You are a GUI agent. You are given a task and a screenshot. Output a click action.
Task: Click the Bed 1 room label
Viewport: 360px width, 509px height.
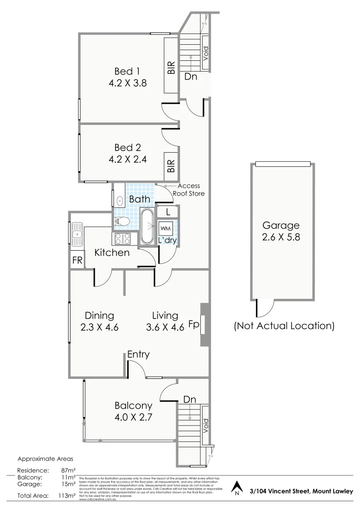[127, 71]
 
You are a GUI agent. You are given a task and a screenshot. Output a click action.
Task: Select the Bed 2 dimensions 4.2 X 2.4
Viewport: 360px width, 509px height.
[127, 159]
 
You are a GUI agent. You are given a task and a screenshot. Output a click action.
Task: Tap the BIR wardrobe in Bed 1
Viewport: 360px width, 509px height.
[171, 66]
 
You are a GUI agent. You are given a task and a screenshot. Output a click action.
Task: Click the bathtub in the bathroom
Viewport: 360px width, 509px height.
[147, 227]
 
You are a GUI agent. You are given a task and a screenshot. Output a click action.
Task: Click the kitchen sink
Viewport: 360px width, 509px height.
[77, 232]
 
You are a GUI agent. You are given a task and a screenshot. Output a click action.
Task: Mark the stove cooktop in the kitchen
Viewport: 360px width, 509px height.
[122, 239]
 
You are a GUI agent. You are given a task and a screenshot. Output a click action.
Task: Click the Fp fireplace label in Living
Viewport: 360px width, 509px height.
[193, 324]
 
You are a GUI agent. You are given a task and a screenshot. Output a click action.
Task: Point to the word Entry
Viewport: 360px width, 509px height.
[138, 354]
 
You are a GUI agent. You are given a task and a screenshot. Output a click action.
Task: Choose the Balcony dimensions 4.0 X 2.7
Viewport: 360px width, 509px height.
[133, 417]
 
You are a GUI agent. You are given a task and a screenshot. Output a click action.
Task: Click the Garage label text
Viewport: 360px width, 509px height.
[281, 225]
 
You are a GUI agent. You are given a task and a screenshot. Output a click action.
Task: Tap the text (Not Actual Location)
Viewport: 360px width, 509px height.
[284, 326]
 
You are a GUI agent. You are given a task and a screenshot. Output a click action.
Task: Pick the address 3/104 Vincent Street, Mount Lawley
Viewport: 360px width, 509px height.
[301, 491]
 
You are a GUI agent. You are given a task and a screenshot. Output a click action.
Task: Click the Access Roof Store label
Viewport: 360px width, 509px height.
[188, 189]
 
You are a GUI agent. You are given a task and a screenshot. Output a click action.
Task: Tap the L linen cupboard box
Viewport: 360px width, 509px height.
[168, 212]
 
